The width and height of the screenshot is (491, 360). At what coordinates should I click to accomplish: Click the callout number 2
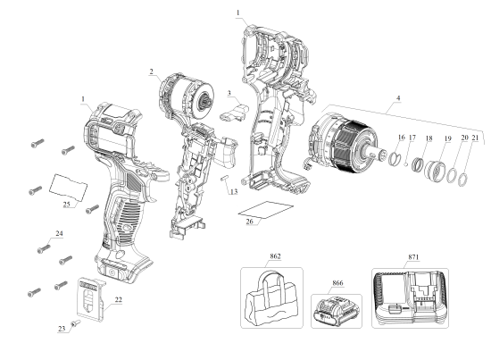pyautogui.click(x=153, y=71)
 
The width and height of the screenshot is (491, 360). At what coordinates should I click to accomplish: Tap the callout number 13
pyautogui.click(x=234, y=191)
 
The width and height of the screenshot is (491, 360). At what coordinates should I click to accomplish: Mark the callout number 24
pyautogui.click(x=59, y=234)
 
